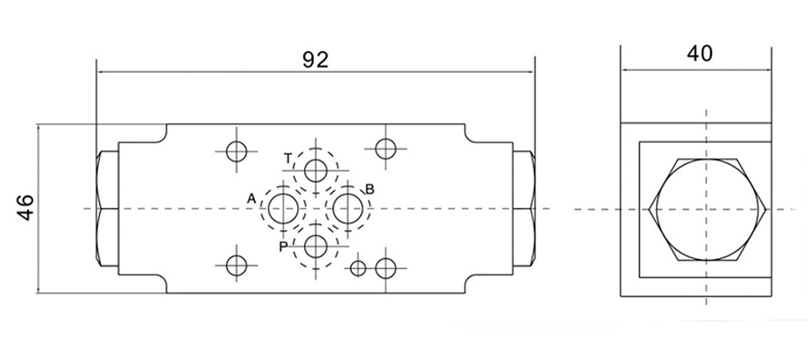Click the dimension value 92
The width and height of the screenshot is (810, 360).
click(x=314, y=60)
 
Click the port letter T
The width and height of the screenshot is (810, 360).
click(x=288, y=158)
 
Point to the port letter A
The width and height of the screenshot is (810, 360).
click(x=253, y=197)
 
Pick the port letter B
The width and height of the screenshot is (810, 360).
click(x=368, y=189)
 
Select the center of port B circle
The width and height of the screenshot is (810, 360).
click(x=346, y=209)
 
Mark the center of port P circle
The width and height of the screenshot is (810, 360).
click(x=316, y=246)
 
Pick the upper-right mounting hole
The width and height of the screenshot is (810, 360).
click(x=387, y=148)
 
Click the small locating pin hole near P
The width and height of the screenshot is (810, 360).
click(x=358, y=267)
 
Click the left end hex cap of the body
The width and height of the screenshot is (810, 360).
click(x=106, y=209)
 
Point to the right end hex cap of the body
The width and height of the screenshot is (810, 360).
click(x=525, y=209)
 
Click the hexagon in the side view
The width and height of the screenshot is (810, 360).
click(x=707, y=209)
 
